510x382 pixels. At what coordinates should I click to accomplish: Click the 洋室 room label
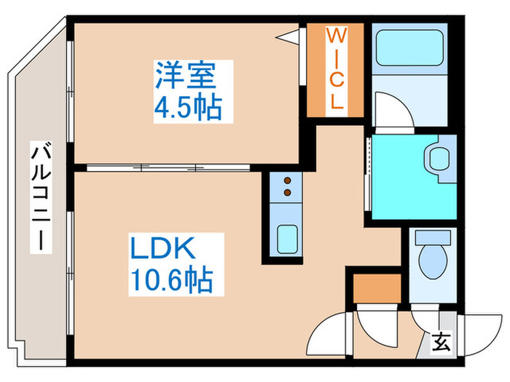click(186, 75)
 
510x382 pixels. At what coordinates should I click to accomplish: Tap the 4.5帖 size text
click(188, 108)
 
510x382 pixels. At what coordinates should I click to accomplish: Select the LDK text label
click(162, 248)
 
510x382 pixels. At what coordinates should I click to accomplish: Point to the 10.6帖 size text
click(172, 281)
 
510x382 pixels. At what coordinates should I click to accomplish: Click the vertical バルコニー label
click(42, 197)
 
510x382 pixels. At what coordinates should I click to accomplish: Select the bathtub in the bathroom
click(409, 47)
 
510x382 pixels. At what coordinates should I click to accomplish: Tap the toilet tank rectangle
click(433, 238)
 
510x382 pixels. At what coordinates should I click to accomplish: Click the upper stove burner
click(287, 180)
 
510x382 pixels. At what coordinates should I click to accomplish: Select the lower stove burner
click(287, 193)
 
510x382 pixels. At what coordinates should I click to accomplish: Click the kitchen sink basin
click(287, 239)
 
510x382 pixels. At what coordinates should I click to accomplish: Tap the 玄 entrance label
click(442, 342)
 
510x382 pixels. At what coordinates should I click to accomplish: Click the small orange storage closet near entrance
click(377, 288)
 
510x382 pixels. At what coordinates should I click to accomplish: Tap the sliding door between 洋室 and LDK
click(168, 167)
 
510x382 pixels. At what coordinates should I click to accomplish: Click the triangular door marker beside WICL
click(288, 37)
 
